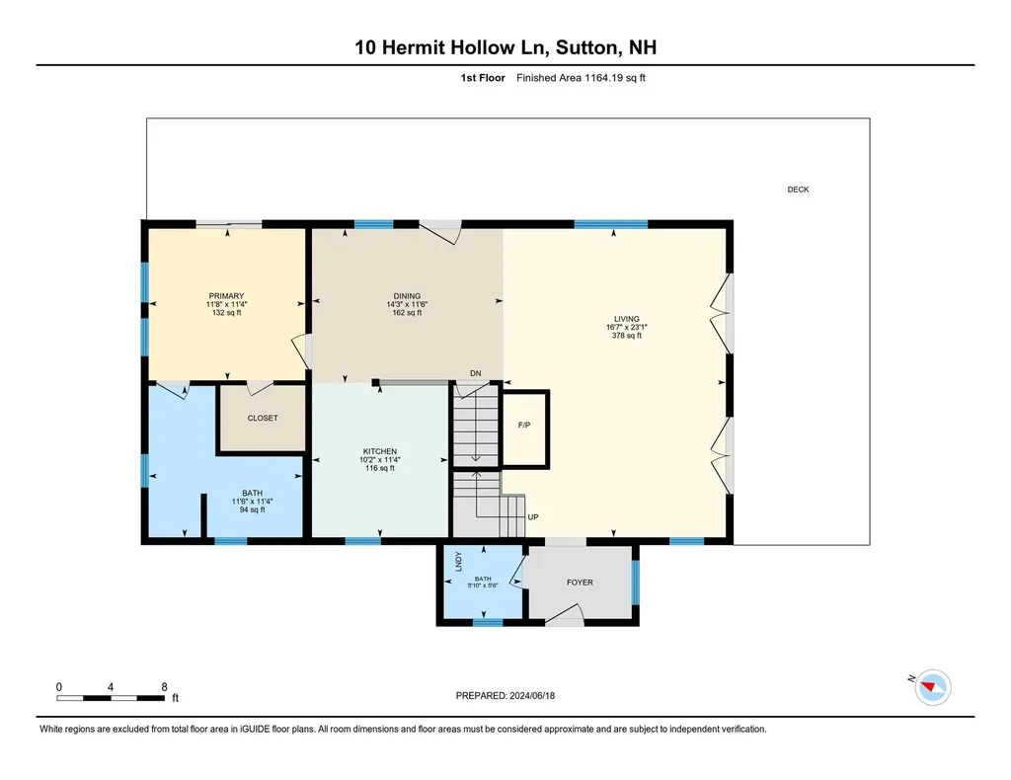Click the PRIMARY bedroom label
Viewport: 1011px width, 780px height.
(226, 295)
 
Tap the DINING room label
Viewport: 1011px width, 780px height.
(407, 296)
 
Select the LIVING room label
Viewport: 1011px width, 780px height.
(626, 319)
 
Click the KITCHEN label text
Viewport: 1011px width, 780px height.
(379, 451)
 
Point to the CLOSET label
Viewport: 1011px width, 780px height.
(263, 419)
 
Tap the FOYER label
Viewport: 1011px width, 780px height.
(580, 583)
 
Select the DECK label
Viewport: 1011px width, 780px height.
(798, 190)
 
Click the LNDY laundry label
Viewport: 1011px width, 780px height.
(459, 562)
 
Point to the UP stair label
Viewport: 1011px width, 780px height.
(533, 517)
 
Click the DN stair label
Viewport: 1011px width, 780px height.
(475, 373)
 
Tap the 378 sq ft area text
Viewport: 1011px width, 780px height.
(626, 336)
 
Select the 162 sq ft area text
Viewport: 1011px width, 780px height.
(407, 313)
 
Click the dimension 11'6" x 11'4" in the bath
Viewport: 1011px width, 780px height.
(252, 502)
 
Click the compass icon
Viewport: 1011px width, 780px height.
(933, 686)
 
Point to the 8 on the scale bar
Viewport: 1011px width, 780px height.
(164, 686)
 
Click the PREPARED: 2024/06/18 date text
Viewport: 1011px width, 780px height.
(512, 695)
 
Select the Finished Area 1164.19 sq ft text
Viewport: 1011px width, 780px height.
(581, 78)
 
